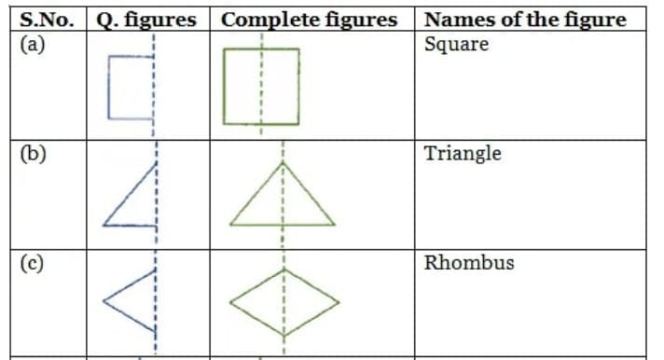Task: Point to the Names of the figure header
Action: [524, 20]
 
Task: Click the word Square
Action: [456, 45]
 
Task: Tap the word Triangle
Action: [463, 153]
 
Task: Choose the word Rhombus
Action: [469, 263]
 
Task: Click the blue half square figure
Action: [131, 87]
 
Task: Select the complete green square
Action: [261, 87]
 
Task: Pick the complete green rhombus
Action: [283, 301]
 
